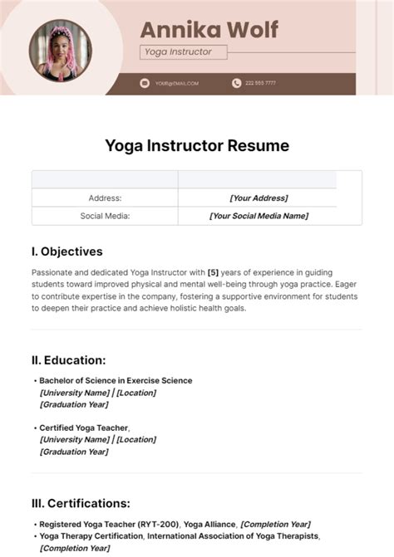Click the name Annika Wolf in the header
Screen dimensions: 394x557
tap(209, 29)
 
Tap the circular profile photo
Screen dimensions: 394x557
tap(60, 49)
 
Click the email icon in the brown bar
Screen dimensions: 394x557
tap(144, 83)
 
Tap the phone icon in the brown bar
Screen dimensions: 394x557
tap(236, 83)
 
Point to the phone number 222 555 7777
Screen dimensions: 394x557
tap(260, 83)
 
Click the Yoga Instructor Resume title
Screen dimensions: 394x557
tap(197, 146)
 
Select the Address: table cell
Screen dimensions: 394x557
tap(105, 198)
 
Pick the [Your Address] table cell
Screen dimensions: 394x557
tap(259, 198)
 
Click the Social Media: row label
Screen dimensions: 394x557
tap(105, 216)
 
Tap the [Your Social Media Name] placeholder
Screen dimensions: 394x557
tap(259, 216)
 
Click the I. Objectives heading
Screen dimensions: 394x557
tap(66, 251)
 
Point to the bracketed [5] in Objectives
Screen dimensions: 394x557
tap(212, 272)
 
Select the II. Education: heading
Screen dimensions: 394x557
tap(68, 359)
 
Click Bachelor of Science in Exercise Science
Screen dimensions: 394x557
tap(116, 380)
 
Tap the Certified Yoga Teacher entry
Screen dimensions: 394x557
tap(84, 428)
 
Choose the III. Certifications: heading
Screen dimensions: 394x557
tap(81, 502)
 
